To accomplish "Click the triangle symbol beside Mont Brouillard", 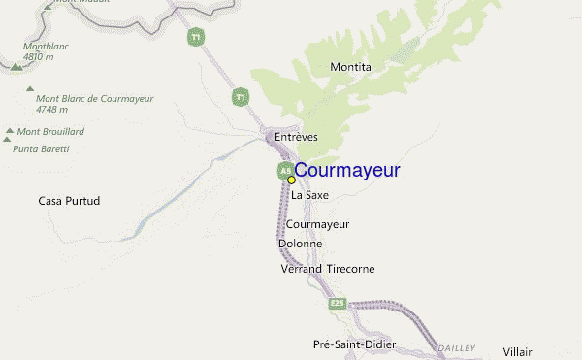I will point(10,131).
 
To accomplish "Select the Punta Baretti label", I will point(41,148).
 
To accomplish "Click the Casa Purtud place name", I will point(69,201).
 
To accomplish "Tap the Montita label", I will point(350,67).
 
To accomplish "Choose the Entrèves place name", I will point(296,137).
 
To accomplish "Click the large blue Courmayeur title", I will point(346,171).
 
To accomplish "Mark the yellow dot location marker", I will point(291,180).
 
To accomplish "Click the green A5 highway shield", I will point(286,170).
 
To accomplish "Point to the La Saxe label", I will point(310,195).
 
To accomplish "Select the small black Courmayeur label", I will point(317,224).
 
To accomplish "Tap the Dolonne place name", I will point(300,244).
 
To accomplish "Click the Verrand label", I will point(301,268).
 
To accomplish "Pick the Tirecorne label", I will point(349,268).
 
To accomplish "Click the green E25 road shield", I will point(337,304).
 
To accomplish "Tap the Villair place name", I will point(518,351).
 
